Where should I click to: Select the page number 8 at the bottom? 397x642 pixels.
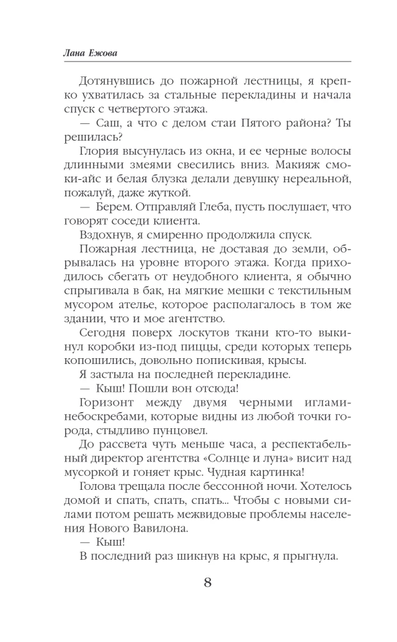click(x=207, y=583)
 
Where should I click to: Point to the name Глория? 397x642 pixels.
click(x=98, y=151)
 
